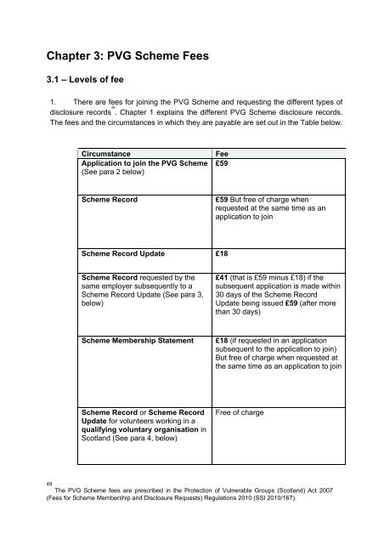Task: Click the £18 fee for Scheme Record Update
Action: pos(223,253)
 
